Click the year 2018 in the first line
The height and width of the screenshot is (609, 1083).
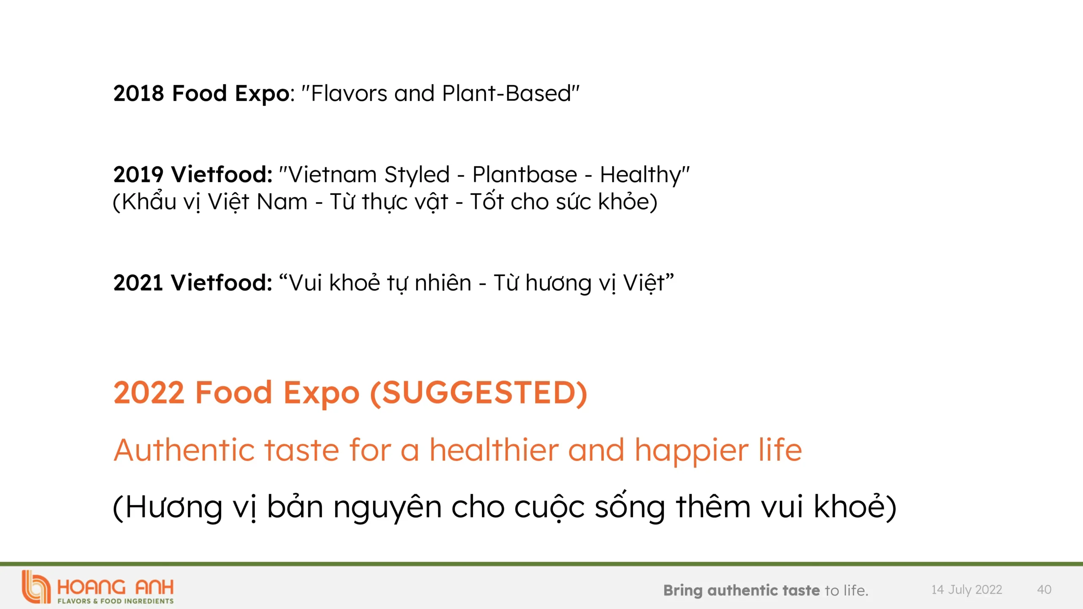(x=138, y=93)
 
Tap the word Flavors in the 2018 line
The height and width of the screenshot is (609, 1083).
(x=349, y=93)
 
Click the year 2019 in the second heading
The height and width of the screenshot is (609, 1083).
(x=138, y=175)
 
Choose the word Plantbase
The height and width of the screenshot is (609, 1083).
(x=525, y=175)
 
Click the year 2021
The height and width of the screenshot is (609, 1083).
(x=138, y=283)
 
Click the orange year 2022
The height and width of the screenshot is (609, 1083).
(x=149, y=393)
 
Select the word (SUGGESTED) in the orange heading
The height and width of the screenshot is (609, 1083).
(x=479, y=393)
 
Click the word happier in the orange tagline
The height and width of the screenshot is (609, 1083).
(x=692, y=451)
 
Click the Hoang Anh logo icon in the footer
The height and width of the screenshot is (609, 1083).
(x=36, y=587)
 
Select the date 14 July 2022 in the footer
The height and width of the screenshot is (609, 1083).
(x=967, y=590)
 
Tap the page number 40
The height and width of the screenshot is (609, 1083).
(x=1044, y=590)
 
